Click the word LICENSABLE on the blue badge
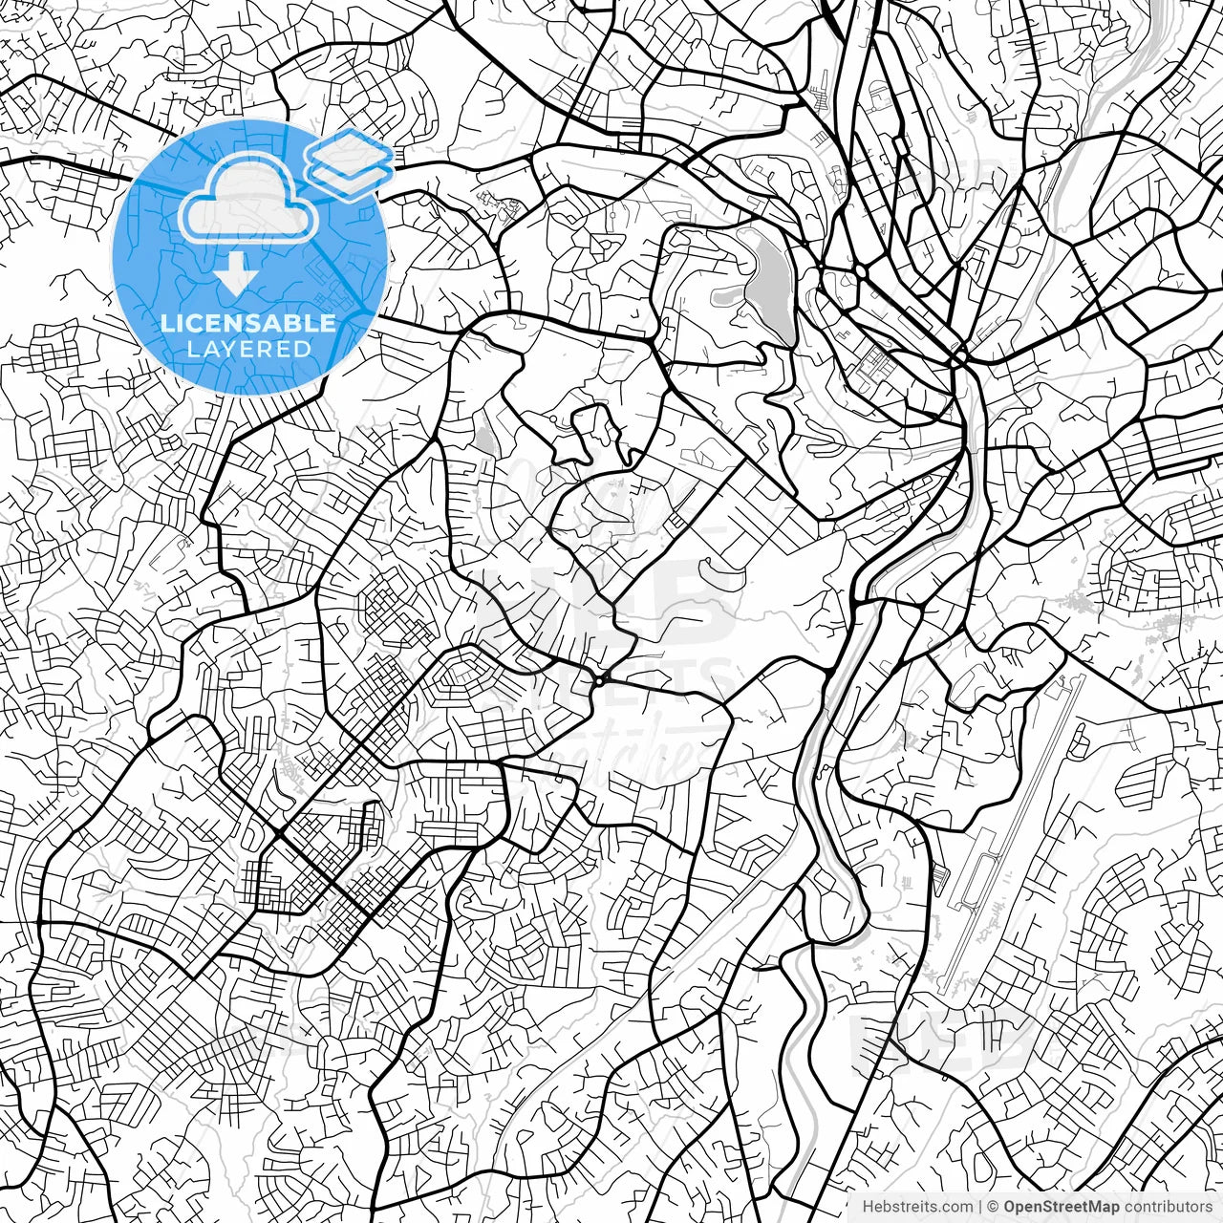point(248,323)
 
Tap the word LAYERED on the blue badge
point(248,349)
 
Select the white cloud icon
point(248,199)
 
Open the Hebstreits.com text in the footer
point(917,1207)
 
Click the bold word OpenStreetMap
point(1062,1207)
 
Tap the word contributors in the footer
point(1167,1207)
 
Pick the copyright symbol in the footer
point(993,1207)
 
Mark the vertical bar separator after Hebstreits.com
point(980,1207)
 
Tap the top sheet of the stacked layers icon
point(350,149)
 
